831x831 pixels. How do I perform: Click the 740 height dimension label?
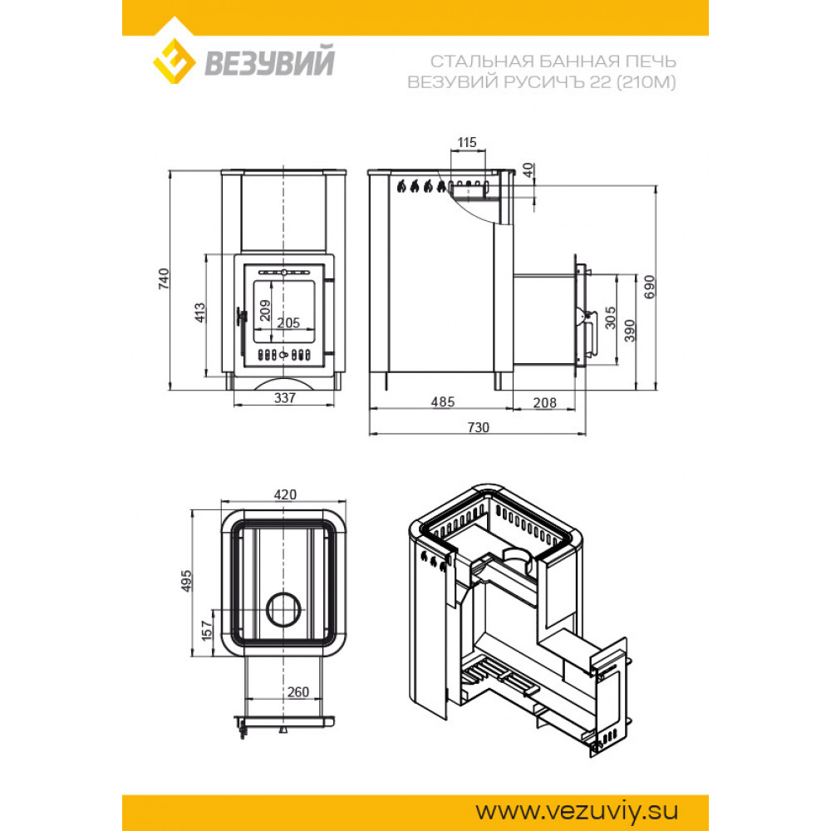pos(165,278)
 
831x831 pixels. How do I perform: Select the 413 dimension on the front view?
pos(199,312)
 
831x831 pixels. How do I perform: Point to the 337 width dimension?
pos(284,397)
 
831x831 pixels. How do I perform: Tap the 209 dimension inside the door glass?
pos(265,311)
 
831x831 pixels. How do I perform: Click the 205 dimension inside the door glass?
pos(288,322)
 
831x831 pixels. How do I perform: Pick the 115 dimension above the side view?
pos(467,143)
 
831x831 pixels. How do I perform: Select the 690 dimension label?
pos(650,287)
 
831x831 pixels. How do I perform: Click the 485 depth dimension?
pos(443,401)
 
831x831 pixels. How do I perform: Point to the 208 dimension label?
pos(545,403)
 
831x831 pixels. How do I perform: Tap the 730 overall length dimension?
pos(478,427)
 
